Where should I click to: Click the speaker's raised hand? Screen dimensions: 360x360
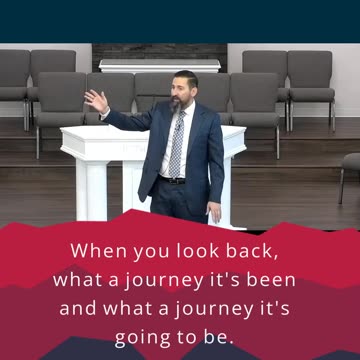coord(96,101)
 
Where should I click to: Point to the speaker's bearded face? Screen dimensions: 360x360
coord(184,96)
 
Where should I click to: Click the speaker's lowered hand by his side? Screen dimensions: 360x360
coord(214,211)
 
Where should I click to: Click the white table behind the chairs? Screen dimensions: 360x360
coord(159,66)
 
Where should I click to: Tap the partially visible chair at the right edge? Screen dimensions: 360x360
coord(350,176)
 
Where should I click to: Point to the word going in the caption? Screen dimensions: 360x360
coord(142,337)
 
